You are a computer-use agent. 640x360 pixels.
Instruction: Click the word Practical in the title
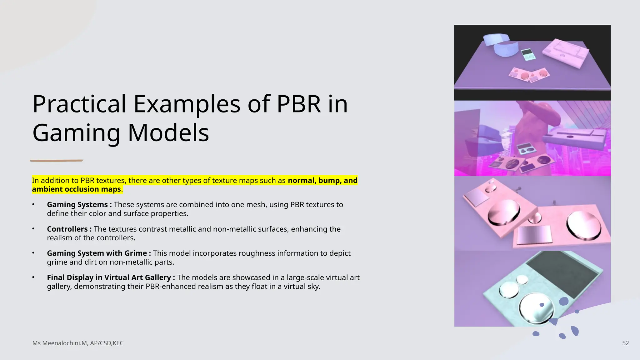tap(79, 104)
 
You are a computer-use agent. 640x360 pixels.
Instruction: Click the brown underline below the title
tap(57, 161)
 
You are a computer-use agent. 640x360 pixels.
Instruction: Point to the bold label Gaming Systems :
tap(79, 205)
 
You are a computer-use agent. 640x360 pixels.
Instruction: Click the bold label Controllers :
tap(69, 229)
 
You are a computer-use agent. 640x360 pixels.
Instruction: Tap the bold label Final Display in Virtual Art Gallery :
tap(111, 277)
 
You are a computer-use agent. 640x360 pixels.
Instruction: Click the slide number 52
tap(625, 343)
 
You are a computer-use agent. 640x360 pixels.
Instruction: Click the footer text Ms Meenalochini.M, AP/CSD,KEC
tap(78, 343)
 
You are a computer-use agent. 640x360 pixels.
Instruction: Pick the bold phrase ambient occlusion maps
tap(76, 189)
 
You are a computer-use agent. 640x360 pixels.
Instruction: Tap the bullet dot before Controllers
tap(33, 229)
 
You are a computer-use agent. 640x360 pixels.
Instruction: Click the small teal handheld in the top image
tap(528, 55)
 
